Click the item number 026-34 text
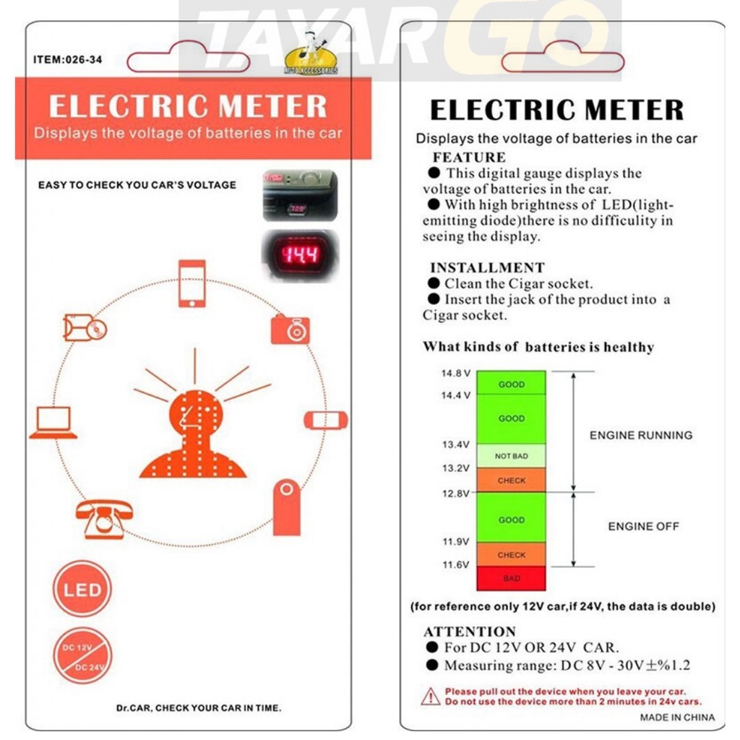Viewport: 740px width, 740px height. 68,60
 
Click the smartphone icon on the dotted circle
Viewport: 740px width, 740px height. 192,283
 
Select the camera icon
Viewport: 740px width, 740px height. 291,329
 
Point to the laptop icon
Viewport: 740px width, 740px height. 53,422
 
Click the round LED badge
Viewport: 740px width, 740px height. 82,589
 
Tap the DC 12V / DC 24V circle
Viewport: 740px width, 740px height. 82,655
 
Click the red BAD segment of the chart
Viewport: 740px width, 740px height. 511,578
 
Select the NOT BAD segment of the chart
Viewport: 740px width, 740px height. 511,456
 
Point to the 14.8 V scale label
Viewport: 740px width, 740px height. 456,374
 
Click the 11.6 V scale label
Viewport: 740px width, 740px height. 456,564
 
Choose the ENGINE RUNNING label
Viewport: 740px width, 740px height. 641,435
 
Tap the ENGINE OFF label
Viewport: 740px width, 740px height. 643,526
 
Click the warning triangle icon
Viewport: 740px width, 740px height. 431,696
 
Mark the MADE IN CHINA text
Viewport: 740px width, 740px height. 677,718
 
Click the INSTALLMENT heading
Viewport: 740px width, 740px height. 487,267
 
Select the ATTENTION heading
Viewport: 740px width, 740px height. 470,631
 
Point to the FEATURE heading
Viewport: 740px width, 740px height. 469,157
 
